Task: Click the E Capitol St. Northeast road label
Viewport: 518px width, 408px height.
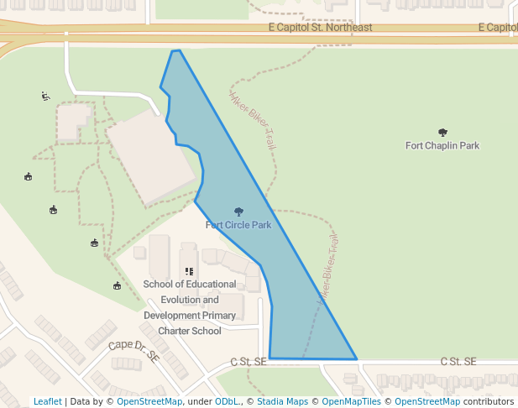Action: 320,28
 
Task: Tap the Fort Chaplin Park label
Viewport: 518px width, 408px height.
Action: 442,146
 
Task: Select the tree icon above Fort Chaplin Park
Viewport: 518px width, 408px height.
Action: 442,132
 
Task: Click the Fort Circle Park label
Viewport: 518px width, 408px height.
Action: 238,225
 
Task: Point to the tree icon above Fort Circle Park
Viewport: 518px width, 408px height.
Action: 238,212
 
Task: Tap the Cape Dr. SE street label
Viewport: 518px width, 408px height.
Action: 133,351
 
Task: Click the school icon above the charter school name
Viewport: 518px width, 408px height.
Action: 189,272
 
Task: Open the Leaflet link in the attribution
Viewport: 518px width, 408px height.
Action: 48,401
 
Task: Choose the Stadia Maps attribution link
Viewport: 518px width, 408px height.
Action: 281,401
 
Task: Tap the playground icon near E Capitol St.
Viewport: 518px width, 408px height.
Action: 45,96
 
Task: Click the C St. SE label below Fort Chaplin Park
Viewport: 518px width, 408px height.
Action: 458,362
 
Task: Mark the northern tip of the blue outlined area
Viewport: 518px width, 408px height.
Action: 175,51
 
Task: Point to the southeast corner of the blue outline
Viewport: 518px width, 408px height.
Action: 357,359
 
